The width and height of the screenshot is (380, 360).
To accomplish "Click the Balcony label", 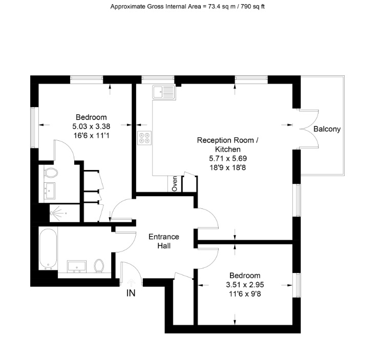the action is (327, 129).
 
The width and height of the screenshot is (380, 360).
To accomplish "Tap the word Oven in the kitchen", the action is (175, 184).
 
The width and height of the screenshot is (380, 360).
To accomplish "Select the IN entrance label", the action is (131, 293).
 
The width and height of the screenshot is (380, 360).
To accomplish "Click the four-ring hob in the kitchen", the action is (144, 138).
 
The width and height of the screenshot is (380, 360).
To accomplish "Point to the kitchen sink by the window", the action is (163, 92).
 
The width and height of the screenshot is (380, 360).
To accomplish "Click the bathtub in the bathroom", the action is (48, 249).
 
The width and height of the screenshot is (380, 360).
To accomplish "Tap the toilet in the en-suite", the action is (51, 173).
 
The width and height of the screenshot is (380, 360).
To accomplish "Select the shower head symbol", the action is (52, 213).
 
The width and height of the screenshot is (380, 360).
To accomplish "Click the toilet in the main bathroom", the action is (99, 266).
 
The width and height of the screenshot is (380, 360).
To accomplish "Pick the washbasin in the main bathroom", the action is (77, 266).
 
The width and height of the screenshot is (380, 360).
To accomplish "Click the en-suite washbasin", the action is (50, 191).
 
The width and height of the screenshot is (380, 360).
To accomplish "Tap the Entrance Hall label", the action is (164, 241).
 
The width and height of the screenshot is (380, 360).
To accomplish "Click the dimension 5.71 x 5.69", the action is (228, 158).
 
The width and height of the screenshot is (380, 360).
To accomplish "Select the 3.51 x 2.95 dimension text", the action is (245, 285).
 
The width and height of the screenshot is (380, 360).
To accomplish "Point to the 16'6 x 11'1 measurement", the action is (91, 135).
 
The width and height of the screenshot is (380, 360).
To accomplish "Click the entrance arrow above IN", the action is (131, 283).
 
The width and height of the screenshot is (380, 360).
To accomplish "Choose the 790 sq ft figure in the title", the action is (253, 7).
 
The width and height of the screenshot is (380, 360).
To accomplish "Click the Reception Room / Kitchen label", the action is (228, 144).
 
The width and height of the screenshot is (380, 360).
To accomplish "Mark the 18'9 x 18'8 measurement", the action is (228, 167).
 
